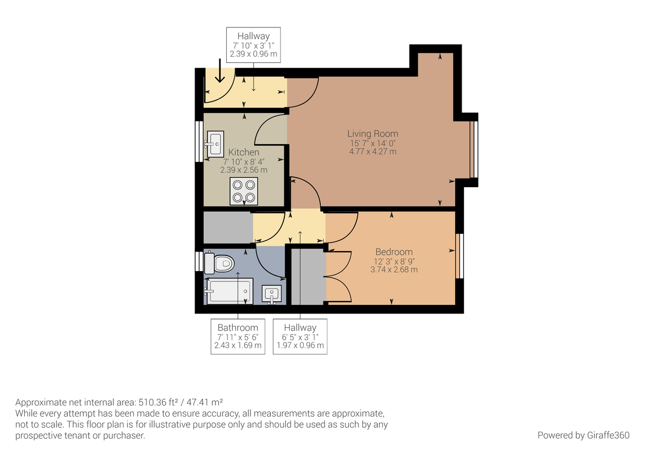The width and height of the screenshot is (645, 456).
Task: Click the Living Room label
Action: point(372,134)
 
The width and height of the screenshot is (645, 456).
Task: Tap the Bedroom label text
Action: point(393,252)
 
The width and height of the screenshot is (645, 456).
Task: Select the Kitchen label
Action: point(243,153)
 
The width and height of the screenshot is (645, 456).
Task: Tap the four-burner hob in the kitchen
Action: point(243,191)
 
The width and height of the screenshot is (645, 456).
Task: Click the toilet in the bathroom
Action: point(220,263)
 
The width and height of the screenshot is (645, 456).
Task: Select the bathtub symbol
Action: point(229,291)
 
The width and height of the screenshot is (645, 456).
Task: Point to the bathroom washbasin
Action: point(272,294)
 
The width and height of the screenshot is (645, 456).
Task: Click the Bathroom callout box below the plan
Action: point(238,337)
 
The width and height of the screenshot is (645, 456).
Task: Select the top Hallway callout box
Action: point(253,45)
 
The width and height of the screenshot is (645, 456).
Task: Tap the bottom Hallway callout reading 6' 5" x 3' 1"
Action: point(300,337)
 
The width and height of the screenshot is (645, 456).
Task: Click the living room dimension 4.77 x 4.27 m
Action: point(372,152)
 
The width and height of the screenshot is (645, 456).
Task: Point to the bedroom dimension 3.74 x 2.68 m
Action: point(393,269)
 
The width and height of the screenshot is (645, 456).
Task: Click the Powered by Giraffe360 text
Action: point(583,435)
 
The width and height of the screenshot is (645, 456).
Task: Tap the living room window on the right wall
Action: point(473,149)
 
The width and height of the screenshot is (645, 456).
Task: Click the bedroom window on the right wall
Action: point(459,255)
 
